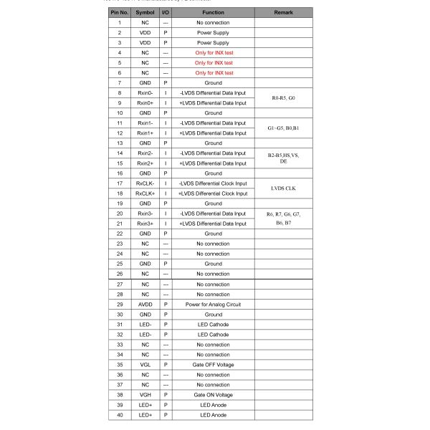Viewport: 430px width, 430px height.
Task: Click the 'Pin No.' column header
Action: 119,12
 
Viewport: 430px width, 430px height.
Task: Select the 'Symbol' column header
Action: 145,12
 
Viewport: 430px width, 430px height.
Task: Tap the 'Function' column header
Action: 213,12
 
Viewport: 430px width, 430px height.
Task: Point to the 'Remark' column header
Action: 283,12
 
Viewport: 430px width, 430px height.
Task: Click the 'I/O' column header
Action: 166,12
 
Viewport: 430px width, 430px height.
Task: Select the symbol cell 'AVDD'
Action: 145,305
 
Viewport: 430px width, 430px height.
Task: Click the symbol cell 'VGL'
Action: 145,365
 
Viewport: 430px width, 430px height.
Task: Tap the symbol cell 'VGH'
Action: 145,395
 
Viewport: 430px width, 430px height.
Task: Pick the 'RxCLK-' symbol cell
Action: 145,183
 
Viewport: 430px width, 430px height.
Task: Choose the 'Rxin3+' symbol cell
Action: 145,224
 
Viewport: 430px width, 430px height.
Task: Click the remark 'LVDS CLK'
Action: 283,188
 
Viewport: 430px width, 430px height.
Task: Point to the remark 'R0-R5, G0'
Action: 283,97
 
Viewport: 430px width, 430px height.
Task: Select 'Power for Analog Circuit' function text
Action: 213,305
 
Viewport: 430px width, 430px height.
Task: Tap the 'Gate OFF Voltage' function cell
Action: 213,365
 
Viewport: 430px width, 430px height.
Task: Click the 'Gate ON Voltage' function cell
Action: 213,395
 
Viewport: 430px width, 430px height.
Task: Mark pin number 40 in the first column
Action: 119,415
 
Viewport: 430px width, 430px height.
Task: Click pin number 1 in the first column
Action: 119,22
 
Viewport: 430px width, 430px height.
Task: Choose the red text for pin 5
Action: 213,62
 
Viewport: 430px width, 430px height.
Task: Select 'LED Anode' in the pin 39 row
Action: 213,405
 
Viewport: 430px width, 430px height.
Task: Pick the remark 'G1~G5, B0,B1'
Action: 283,128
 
